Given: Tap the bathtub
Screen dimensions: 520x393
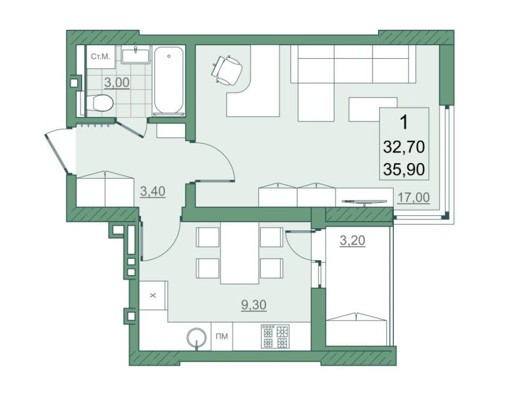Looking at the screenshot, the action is (x=169, y=82).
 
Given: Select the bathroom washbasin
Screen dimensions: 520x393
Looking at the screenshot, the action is (x=136, y=55).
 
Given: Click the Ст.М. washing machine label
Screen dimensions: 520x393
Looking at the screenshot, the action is (x=100, y=57).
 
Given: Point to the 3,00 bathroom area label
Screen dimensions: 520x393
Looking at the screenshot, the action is (x=117, y=83).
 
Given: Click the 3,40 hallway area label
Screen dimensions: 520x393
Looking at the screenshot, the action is (x=153, y=191).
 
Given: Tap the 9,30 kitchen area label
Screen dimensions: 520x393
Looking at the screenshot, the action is (x=254, y=304).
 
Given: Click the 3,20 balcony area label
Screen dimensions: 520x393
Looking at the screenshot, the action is (x=353, y=241).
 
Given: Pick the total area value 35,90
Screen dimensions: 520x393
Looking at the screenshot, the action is (x=404, y=170).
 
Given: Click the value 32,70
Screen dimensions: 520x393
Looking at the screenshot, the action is (x=404, y=147).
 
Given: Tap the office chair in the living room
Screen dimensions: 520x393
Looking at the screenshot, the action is (x=226, y=69).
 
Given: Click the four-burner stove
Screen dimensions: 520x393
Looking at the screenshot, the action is (x=275, y=336).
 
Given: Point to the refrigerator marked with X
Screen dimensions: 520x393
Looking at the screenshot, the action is (x=153, y=295).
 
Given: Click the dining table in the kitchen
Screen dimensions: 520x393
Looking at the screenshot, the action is (x=239, y=253).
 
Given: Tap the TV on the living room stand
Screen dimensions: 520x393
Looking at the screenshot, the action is (x=364, y=202).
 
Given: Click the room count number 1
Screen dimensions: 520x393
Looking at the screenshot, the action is (x=404, y=123).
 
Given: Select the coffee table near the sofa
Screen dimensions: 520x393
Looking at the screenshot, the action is (x=373, y=109).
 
